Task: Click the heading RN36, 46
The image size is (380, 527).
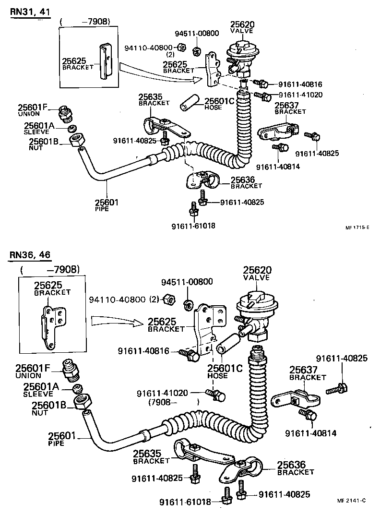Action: tap(30, 255)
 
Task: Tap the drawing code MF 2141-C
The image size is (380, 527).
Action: tap(351, 501)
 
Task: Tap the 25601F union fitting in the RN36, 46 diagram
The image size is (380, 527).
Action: tap(71, 370)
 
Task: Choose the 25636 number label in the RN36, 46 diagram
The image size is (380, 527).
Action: tap(292, 465)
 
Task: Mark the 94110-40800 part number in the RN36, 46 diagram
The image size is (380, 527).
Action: tap(117, 299)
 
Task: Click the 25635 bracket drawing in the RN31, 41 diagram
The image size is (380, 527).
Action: tap(162, 126)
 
